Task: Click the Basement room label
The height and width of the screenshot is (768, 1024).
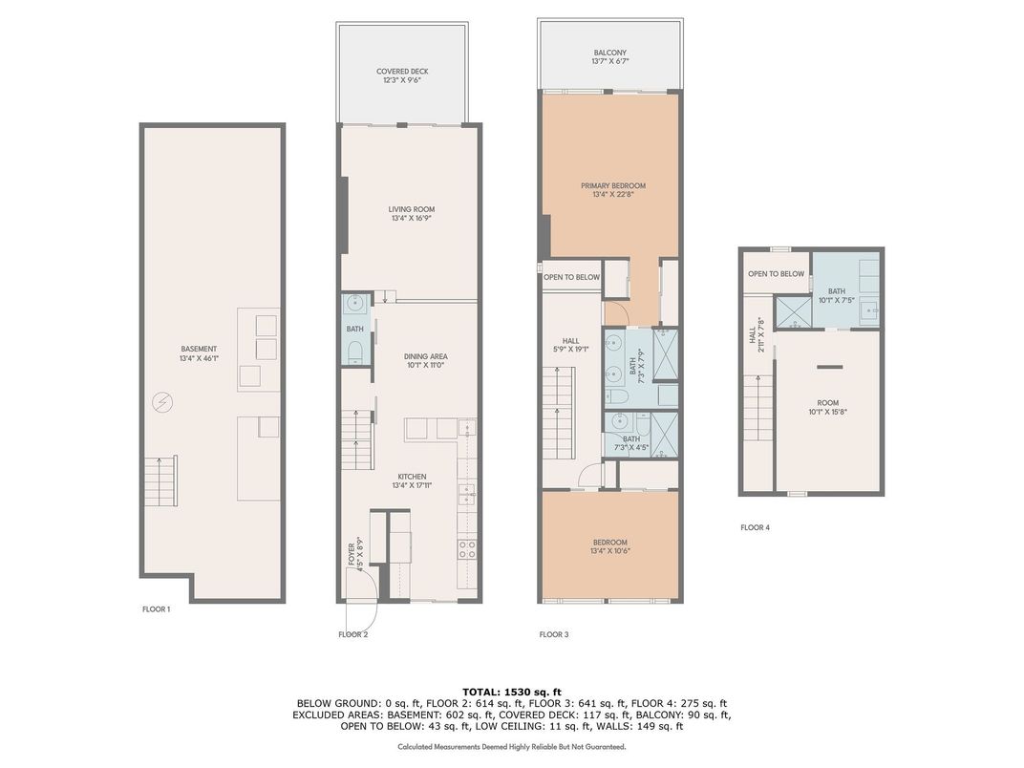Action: [199, 353]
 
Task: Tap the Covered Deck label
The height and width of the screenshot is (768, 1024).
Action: [402, 75]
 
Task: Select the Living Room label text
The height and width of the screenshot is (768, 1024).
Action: [412, 214]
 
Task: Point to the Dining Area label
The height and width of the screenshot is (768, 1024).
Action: [426, 360]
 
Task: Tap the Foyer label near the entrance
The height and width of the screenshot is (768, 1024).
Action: [355, 554]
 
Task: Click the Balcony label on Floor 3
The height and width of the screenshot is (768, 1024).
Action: [610, 56]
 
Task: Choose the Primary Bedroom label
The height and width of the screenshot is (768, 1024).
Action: [613, 189]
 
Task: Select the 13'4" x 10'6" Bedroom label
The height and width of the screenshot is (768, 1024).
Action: [610, 546]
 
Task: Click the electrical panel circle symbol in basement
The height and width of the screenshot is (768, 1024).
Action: [160, 403]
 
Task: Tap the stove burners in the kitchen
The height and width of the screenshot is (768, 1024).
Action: [467, 548]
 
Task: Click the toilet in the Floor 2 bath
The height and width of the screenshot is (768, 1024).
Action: [354, 352]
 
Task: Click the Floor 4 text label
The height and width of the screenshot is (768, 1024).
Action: [755, 527]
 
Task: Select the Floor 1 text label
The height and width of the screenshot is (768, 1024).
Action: [156, 609]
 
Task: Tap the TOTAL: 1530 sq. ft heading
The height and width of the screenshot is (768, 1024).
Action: [512, 692]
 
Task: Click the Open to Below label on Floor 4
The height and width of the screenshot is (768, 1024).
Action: [776, 273]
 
